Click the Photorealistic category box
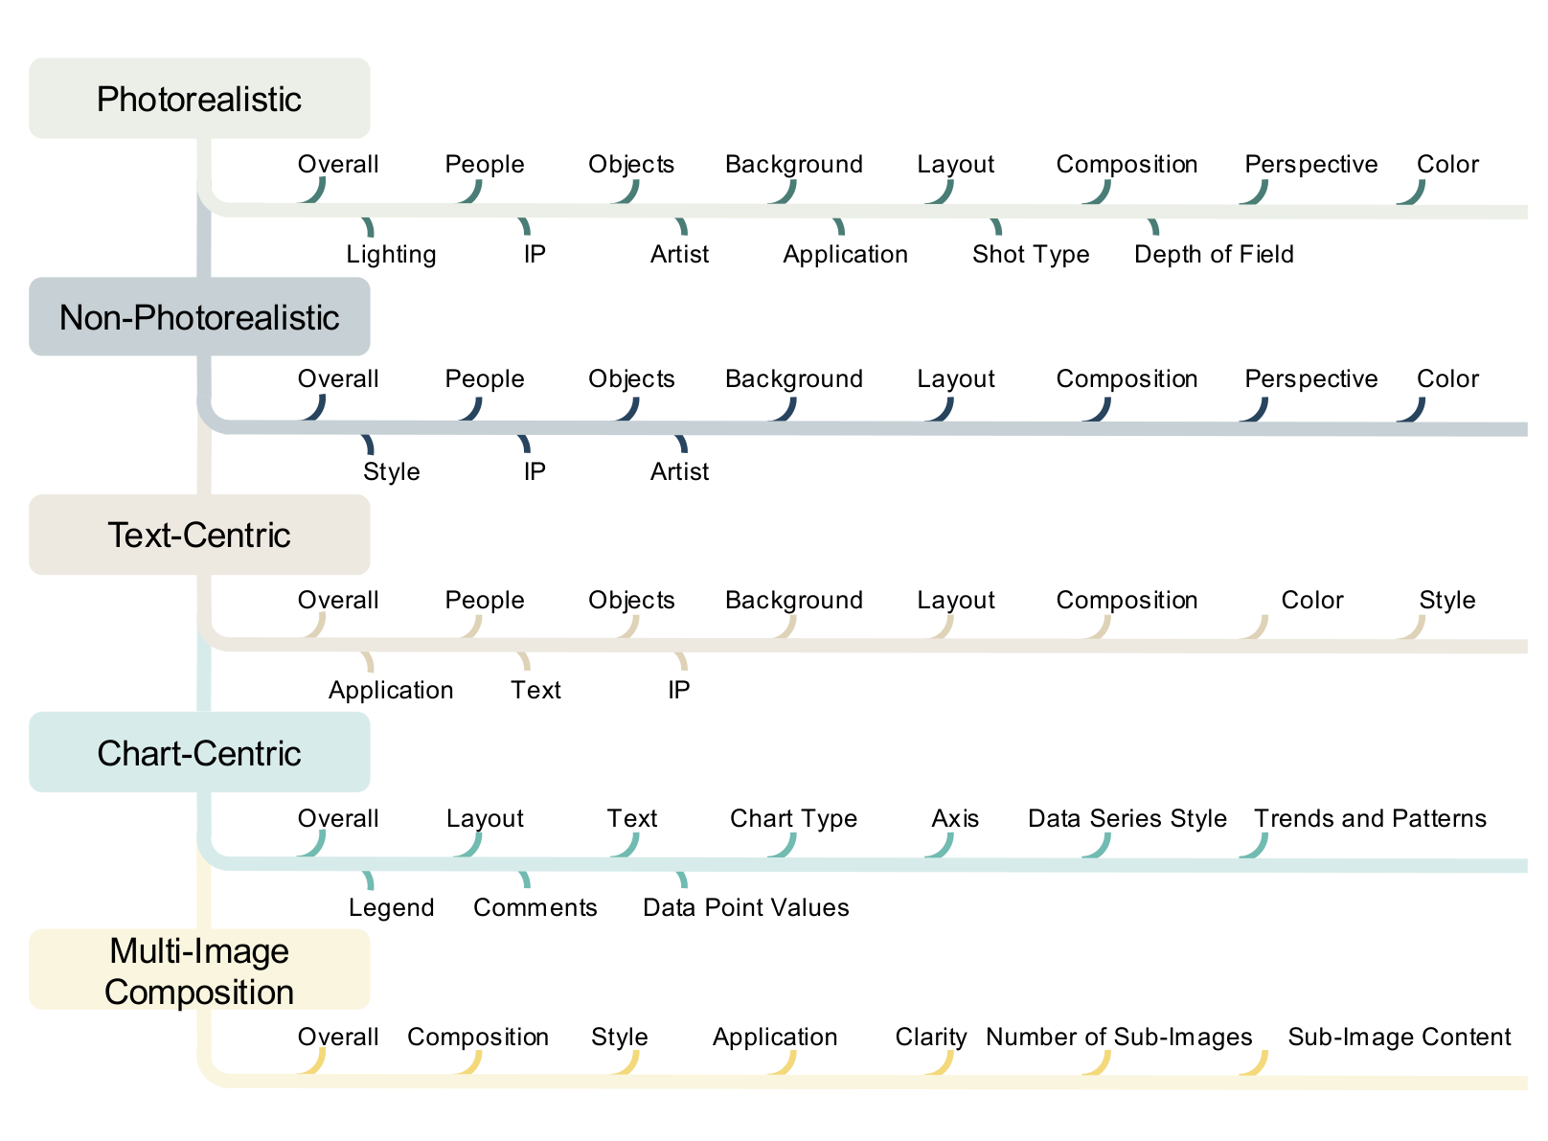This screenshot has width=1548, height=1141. click(x=199, y=99)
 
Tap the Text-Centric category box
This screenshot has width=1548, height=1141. click(x=199, y=536)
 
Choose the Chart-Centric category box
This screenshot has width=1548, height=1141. click(x=199, y=753)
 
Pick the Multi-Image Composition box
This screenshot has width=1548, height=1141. click(x=199, y=971)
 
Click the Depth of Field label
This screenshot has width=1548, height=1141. click(x=1216, y=255)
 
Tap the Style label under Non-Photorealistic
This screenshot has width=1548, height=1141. click(x=392, y=472)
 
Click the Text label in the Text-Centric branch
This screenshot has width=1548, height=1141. click(x=536, y=691)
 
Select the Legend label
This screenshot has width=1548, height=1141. click(x=392, y=909)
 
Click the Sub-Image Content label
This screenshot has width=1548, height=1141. click(x=1400, y=1038)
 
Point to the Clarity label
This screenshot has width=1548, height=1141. click(x=932, y=1038)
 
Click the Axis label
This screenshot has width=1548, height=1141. click(x=956, y=820)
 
